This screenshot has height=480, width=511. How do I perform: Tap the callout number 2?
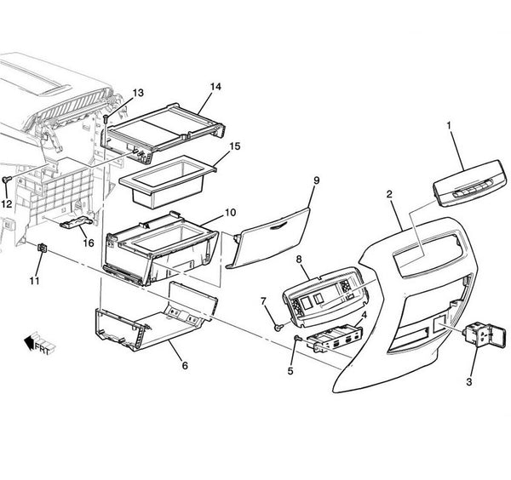(389, 195)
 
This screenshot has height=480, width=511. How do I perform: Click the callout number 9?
(315, 180)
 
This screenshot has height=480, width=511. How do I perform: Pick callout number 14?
(215, 87)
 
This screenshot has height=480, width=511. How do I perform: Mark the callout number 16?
(88, 242)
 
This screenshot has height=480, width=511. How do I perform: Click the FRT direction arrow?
(32, 342)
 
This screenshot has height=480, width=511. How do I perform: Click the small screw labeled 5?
(296, 340)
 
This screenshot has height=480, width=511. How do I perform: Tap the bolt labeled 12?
(7, 180)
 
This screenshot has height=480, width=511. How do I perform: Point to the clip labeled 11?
(43, 248)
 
